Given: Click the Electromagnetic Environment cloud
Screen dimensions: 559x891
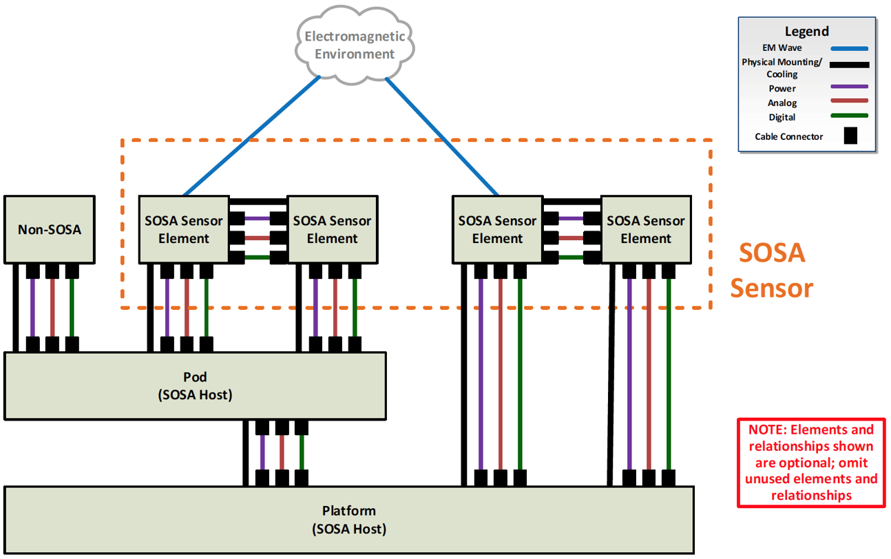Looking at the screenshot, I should (355, 45).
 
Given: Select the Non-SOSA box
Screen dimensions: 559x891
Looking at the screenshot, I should (49, 229).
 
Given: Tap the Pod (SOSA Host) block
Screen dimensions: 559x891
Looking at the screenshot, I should (195, 386).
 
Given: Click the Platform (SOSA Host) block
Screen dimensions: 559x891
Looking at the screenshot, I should (348, 520).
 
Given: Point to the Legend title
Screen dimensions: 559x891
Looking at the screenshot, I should (806, 32).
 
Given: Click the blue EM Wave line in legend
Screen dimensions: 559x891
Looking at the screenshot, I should (849, 48).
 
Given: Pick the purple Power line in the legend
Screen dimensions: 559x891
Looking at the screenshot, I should (849, 87).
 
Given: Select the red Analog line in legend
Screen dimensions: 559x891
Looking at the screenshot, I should (849, 101).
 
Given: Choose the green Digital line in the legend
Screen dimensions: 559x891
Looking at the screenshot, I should (849, 116).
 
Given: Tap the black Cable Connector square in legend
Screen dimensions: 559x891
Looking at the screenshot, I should (850, 136).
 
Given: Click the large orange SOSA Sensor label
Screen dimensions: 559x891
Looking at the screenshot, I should (771, 271).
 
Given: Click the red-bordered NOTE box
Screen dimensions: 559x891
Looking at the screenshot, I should (811, 463).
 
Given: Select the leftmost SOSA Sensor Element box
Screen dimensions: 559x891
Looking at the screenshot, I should (184, 229).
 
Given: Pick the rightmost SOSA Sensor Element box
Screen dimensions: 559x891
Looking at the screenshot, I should (645, 229).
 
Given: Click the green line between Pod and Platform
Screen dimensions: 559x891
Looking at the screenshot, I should (302, 452).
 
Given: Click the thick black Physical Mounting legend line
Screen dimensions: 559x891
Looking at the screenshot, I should (849, 65).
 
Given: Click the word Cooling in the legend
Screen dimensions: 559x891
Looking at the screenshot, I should (782, 74).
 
